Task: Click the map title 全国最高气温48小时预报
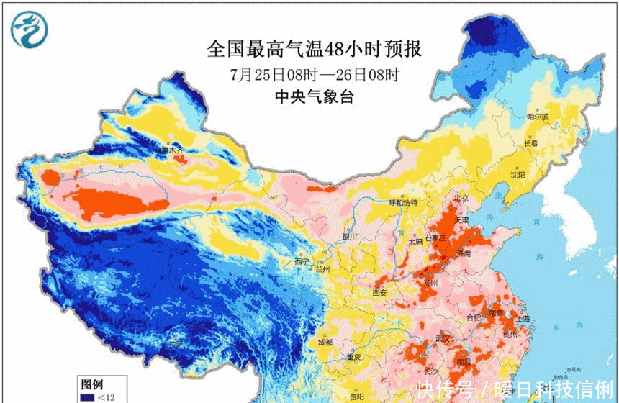pyautogui.click(x=314, y=49)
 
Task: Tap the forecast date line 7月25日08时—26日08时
pyautogui.click(x=315, y=74)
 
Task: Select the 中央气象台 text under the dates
pyautogui.click(x=315, y=98)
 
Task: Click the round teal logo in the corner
pyautogui.click(x=29, y=30)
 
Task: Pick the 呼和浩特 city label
pyautogui.click(x=403, y=204)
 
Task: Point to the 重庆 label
pyautogui.click(x=353, y=357)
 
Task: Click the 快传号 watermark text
pyautogui.click(x=443, y=389)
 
